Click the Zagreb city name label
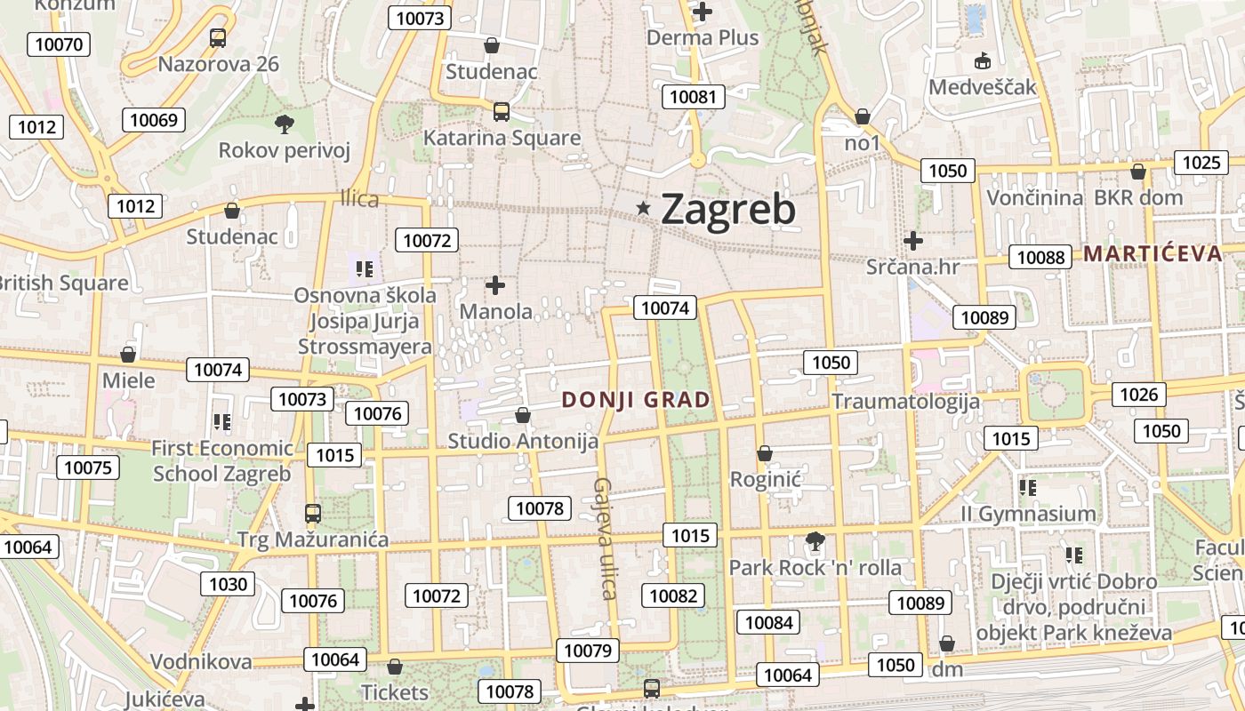728,210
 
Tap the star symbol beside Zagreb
643,208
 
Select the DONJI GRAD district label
637,400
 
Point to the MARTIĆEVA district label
1153,253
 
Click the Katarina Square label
502,138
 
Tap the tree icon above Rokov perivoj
285,124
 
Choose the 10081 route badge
694,97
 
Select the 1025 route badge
1201,163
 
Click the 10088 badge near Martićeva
1040,258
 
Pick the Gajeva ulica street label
605,539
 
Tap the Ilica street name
359,199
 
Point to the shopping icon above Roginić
764,454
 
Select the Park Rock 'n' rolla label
815,567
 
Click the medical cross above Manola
495,285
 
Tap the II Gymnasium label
1028,514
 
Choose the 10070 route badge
59,44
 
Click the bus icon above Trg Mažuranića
312,513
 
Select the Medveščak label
983,87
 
